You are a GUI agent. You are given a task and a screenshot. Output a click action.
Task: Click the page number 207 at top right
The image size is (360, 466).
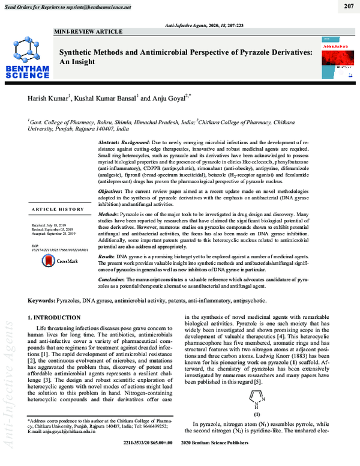349,7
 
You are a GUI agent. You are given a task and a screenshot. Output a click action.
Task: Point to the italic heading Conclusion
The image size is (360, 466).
114,279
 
